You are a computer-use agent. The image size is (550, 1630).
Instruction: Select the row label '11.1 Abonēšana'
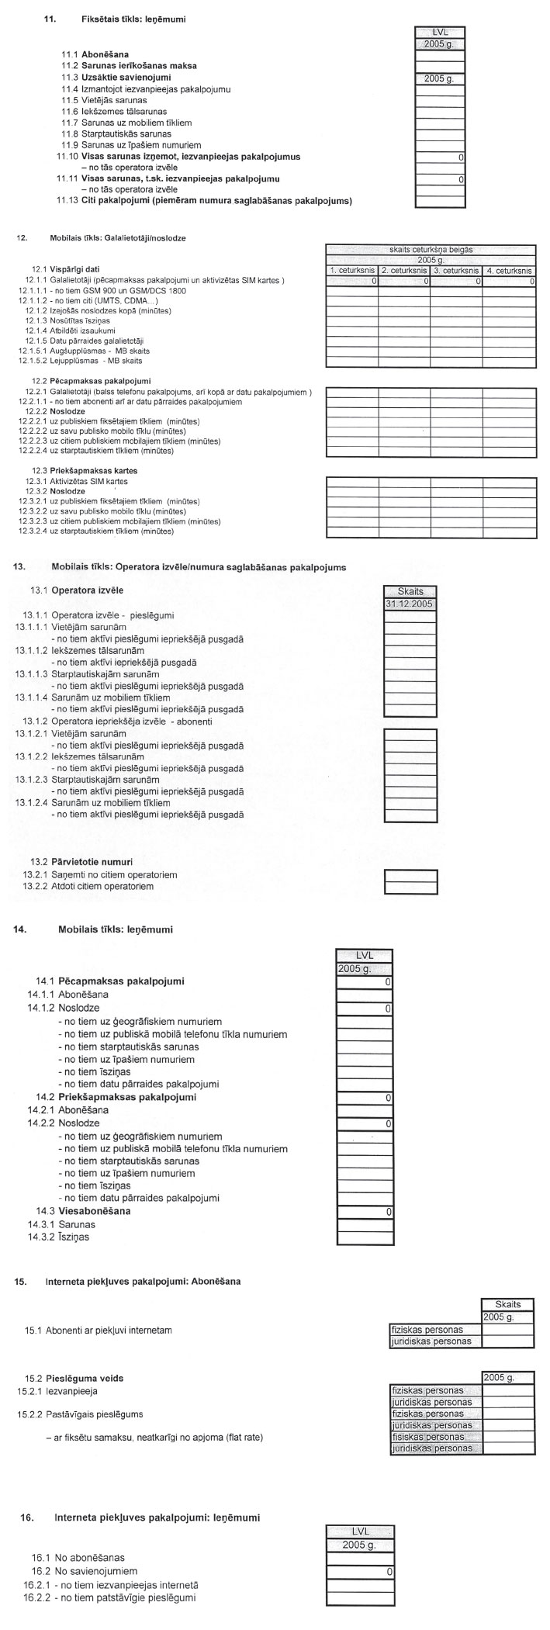point(95,55)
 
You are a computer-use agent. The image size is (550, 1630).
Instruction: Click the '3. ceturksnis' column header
point(457,270)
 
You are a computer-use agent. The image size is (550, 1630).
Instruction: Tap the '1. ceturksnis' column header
point(353,270)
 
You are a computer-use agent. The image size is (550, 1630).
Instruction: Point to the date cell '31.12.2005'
point(410,603)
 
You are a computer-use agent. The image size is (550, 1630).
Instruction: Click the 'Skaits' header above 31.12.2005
point(410,591)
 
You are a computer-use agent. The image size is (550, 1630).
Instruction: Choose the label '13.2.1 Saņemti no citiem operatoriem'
point(101,874)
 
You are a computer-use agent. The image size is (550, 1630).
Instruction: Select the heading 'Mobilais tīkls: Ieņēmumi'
point(116,929)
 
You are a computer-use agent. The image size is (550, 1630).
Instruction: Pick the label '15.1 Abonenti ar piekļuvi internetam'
point(99,1331)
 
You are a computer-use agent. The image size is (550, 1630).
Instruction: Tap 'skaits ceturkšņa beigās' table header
point(431,250)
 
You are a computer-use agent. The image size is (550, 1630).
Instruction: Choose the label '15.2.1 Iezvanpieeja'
point(57,1391)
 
